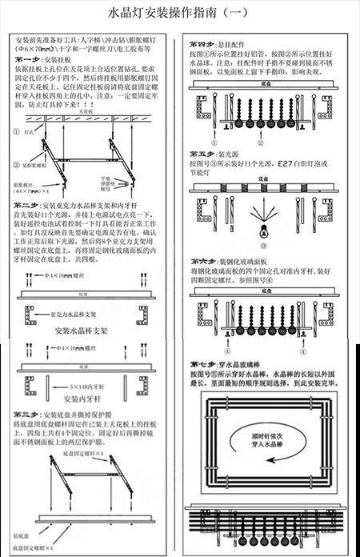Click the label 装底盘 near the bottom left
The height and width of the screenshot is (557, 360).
click(22, 534)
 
